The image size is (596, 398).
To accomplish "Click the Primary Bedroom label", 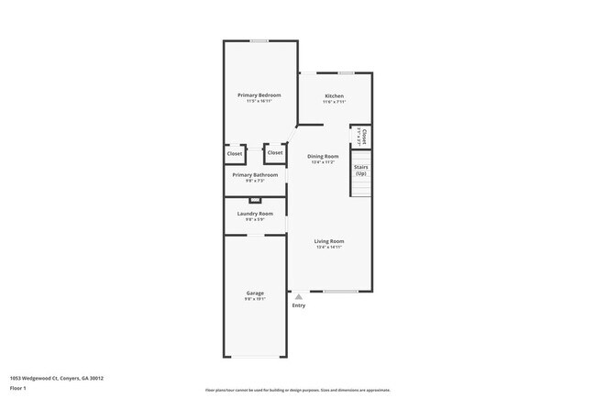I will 259,95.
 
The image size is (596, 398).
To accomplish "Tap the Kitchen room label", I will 334,95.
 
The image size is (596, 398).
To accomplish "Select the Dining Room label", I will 323,157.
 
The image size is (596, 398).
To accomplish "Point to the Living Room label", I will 328,241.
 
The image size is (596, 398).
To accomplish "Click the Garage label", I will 255,293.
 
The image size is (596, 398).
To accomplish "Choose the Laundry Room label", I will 255,214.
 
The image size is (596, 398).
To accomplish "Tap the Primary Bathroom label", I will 255,174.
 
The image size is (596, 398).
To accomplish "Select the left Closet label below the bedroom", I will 235,153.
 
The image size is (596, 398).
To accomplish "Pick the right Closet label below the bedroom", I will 275,153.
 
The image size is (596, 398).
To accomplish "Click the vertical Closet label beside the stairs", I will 364,137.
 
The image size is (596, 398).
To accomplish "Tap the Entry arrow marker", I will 298,296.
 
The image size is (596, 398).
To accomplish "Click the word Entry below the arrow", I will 298,305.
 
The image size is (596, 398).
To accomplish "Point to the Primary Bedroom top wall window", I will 260,40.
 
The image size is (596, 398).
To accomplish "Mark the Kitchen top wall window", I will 346,73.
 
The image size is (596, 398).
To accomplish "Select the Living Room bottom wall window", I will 339,292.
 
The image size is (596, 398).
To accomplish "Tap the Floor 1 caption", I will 19,388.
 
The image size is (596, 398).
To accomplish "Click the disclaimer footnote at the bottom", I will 297,390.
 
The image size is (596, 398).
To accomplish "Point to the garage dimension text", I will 255,299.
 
